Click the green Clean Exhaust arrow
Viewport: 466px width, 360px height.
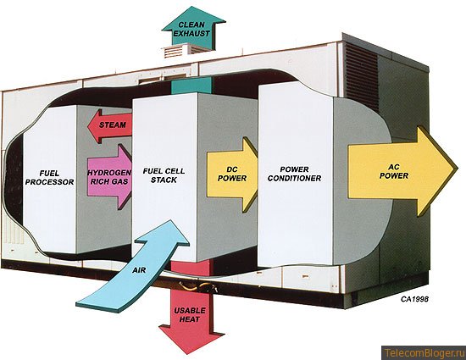tap(193, 29)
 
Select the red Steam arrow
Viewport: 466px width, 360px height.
tap(110, 126)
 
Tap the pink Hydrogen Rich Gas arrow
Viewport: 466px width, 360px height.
tap(109, 177)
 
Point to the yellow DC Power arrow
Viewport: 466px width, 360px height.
tap(232, 174)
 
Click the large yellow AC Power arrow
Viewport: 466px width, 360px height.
tap(402, 172)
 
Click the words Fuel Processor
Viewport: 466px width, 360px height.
tap(49, 178)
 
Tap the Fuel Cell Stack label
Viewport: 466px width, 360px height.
tap(164, 175)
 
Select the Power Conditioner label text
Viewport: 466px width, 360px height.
tap(295, 174)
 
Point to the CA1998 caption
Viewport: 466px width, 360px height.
tap(414, 299)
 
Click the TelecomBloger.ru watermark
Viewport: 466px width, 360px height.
tap(424, 353)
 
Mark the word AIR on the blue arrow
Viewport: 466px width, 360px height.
tap(139, 270)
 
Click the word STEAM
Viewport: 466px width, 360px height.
tap(113, 125)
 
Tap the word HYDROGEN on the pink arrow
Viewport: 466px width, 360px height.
tap(109, 173)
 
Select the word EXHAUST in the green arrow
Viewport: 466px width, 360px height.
tap(191, 34)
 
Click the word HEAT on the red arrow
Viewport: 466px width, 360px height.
tap(190, 319)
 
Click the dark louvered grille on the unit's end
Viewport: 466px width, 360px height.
tap(361, 71)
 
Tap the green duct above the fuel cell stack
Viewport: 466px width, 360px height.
tap(191, 85)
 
